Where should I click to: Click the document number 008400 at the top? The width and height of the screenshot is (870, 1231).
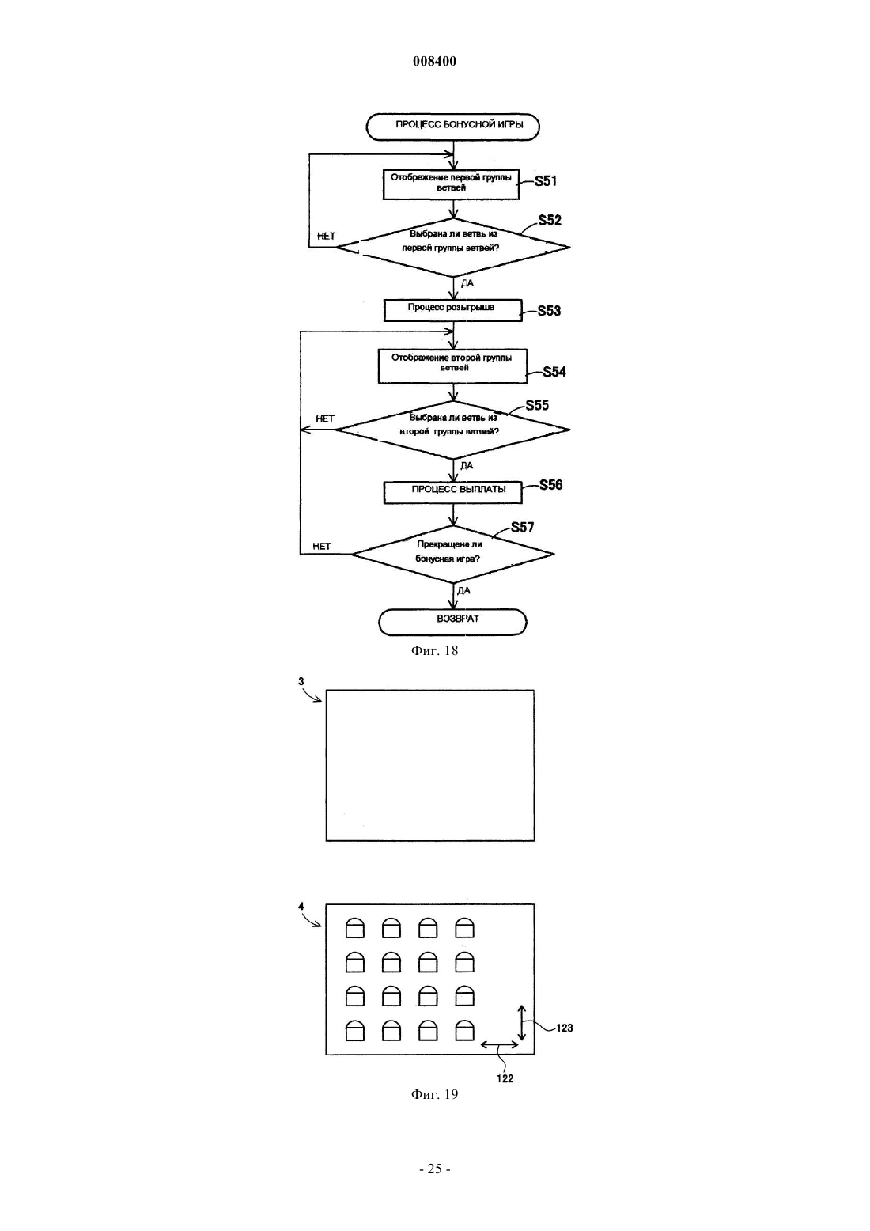[434, 61]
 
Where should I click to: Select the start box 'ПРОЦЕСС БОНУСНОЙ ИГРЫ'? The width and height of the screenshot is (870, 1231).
[453, 127]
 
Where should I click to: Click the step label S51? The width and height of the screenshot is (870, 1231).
[546, 181]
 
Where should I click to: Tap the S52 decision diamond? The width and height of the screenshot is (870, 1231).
[452, 248]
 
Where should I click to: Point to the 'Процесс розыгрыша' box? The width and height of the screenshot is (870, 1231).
[452, 310]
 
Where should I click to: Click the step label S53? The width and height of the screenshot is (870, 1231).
[549, 311]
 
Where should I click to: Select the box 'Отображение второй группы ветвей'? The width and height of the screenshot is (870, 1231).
[452, 366]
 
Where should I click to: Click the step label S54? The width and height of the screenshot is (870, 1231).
[554, 372]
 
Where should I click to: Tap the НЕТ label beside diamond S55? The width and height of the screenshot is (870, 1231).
[325, 419]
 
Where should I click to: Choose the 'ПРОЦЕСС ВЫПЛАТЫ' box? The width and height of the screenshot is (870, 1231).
[452, 492]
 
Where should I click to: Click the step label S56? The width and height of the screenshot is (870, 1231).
[551, 485]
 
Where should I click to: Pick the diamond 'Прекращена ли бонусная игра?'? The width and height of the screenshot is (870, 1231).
[452, 554]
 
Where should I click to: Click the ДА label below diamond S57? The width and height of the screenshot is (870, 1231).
[463, 591]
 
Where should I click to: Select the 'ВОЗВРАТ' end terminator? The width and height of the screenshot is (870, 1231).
[452, 622]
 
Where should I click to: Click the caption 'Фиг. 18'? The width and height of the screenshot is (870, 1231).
[434, 650]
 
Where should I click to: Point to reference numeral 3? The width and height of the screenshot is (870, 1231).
[301, 681]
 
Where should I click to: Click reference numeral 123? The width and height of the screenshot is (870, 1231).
[565, 1028]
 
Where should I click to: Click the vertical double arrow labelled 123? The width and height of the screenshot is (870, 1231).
[522, 1023]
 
